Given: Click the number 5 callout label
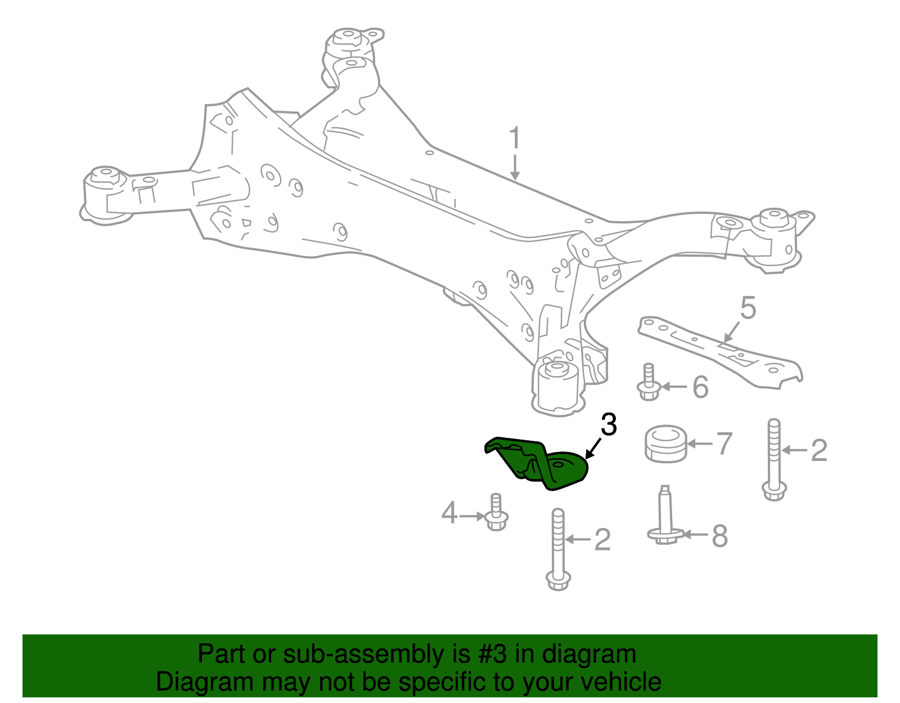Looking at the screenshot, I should click(748, 308).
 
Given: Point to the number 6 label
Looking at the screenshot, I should click(700, 387).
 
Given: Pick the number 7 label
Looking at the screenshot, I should click(724, 444).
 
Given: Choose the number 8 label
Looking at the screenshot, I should click(719, 536).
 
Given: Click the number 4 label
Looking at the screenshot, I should click(449, 513).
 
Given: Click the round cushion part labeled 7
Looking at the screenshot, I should click(666, 444).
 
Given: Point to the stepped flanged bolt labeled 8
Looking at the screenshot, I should click(665, 518).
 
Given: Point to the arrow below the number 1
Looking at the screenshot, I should click(515, 169).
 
